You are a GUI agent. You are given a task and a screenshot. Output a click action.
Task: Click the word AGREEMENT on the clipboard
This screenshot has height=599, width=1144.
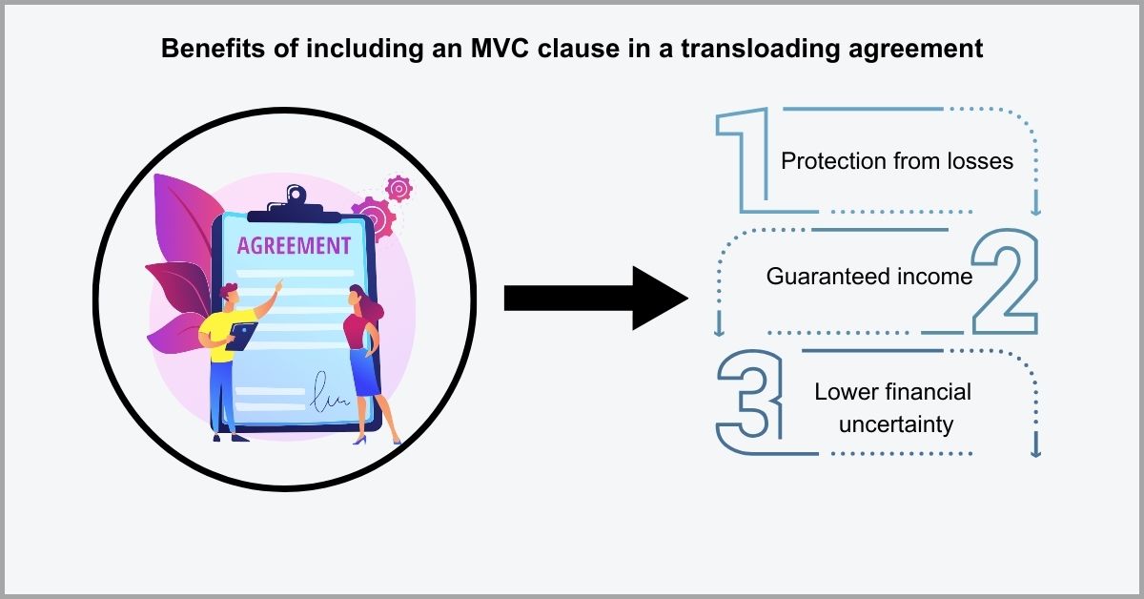pyautogui.click(x=294, y=246)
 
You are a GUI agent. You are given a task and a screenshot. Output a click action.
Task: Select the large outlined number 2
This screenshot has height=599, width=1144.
pyautogui.click(x=1004, y=282)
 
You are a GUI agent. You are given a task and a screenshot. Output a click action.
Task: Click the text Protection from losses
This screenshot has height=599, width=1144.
pyautogui.click(x=896, y=160)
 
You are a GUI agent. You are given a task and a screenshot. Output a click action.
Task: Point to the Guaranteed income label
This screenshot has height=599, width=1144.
pyautogui.click(x=868, y=277)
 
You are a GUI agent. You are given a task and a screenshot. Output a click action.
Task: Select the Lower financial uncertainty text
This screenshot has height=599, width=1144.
pyautogui.click(x=892, y=407)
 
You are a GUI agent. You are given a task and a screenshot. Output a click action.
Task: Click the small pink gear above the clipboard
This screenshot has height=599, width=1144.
pyautogui.click(x=398, y=189)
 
